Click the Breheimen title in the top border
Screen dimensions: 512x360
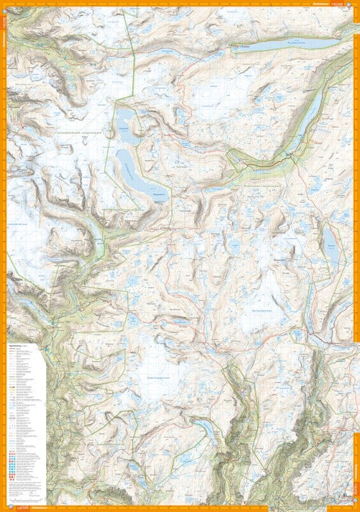pos(323,4)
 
